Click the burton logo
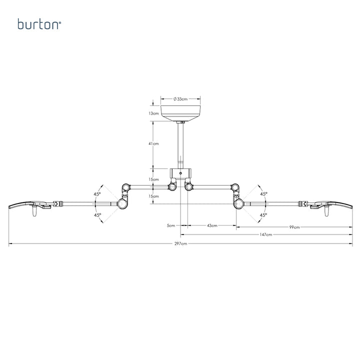click(39, 24)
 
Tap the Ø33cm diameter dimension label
click(180, 99)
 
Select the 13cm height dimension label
click(153, 113)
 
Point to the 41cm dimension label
click(153, 143)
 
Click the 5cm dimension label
click(171, 225)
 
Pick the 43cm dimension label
click(212, 225)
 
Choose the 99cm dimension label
click(294, 227)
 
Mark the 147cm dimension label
click(266, 234)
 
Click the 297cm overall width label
click(180, 243)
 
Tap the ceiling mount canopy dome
click(180, 113)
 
